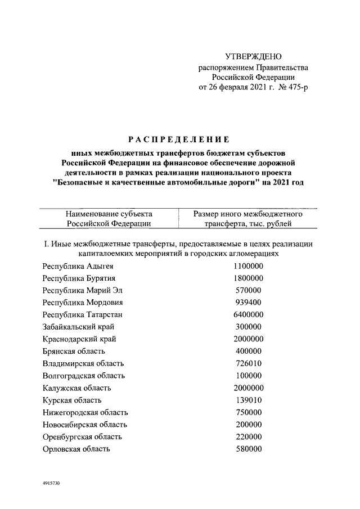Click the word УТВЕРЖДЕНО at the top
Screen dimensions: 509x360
[253, 56]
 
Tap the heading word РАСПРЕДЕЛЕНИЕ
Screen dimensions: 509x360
[177, 139]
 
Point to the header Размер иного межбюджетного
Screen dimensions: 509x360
[248, 214]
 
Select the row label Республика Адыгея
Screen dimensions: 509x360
[78, 266]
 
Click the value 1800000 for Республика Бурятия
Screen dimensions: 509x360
[248, 278]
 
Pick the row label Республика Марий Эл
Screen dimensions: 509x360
[82, 290]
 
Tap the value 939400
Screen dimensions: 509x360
[248, 303]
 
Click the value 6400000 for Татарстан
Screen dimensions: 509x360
[248, 314]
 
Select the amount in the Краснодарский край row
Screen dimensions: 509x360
[248, 339]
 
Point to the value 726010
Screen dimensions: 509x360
[248, 363]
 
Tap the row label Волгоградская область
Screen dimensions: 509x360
[84, 376]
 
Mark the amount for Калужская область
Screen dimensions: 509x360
[248, 388]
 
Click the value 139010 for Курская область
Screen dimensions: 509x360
[248, 400]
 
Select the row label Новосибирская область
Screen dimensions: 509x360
[85, 425]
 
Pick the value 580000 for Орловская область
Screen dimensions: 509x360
[248, 449]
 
